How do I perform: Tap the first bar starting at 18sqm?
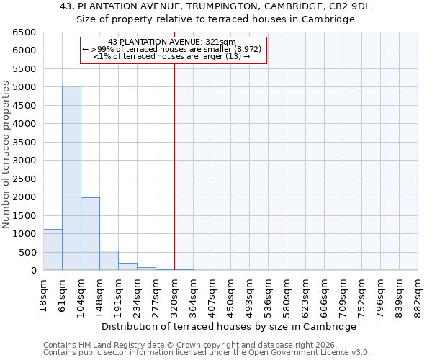point(53,250)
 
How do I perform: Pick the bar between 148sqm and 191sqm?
point(109,261)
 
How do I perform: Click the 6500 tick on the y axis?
point(24,32)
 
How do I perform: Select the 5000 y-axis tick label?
point(24,87)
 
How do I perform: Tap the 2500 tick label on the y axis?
point(24,179)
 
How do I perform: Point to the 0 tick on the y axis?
point(33,271)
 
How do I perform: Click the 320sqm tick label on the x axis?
point(174,295)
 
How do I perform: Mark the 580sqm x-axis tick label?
point(287,295)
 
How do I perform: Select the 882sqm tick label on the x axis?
point(418,295)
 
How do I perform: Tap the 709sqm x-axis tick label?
point(343,295)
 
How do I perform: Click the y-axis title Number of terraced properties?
point(7,155)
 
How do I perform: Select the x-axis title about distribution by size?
point(230,326)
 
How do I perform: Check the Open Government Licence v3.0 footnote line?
point(207,353)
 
